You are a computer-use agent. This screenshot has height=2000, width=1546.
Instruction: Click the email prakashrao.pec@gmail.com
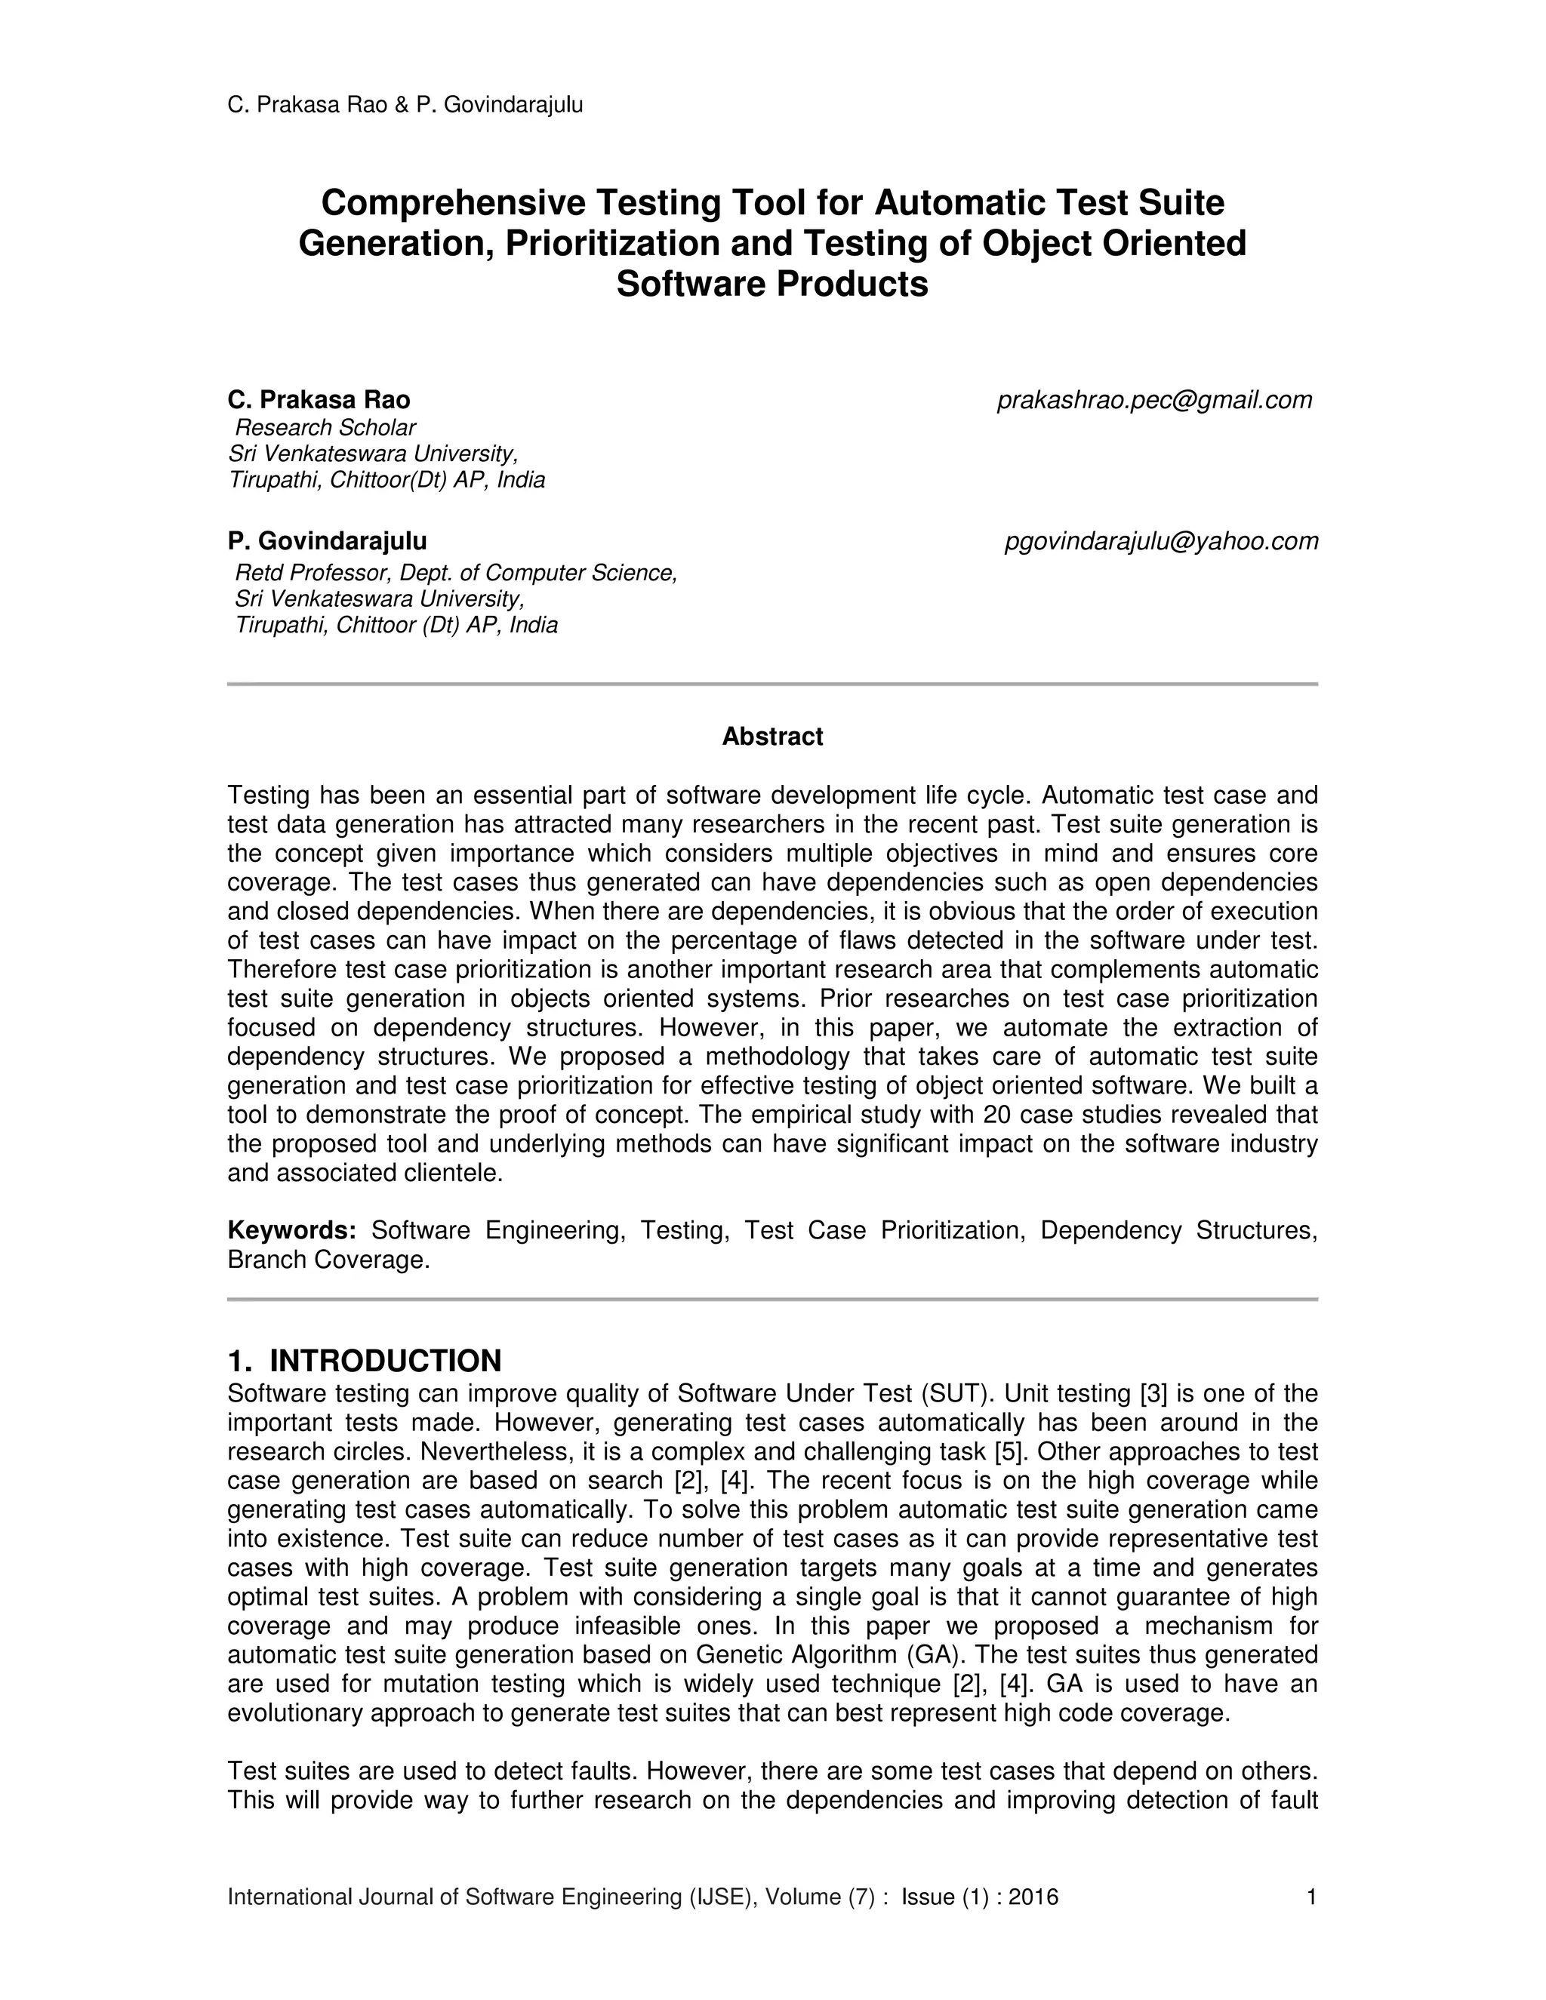1154,400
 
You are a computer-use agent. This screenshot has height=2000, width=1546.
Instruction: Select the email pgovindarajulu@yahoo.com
1161,541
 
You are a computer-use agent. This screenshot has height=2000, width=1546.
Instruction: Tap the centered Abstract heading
772,737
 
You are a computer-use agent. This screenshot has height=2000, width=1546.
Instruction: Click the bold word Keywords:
291,1230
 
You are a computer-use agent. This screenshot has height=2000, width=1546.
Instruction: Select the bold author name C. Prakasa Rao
319,400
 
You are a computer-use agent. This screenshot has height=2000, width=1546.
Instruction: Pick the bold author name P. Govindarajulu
327,541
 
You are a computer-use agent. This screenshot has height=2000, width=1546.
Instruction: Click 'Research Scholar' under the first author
325,428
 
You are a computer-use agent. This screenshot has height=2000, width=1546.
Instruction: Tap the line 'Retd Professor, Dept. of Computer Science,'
455,574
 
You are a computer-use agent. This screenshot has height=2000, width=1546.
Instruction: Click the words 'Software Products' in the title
772,284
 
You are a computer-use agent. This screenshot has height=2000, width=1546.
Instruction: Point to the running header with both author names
405,106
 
